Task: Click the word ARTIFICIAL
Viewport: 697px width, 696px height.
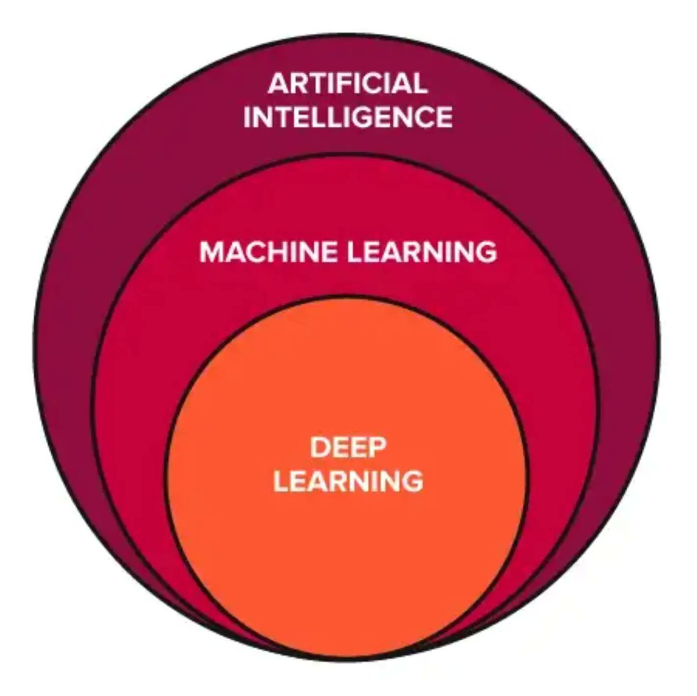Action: tap(347, 84)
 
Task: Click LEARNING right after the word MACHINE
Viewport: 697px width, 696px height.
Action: tap(422, 252)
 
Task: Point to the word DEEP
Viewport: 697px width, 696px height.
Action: tap(348, 449)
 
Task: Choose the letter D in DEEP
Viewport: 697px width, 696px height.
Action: tap(319, 449)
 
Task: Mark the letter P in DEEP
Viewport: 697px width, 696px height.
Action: tap(377, 449)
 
